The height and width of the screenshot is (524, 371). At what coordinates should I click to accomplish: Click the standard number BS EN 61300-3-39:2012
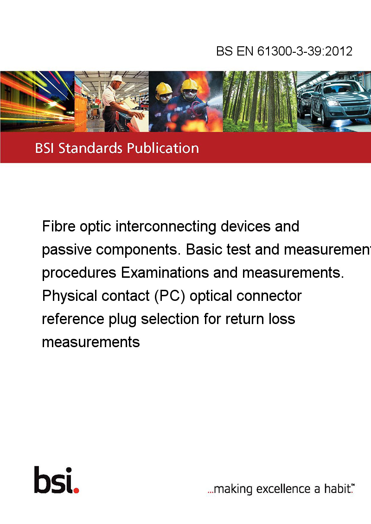[284, 51]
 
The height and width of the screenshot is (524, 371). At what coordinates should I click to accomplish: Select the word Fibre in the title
[58, 226]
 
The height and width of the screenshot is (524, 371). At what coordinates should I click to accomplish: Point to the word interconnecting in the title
[166, 226]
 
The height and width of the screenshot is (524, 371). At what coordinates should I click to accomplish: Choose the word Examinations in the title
[165, 273]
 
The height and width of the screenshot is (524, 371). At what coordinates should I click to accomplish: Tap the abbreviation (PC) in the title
[169, 296]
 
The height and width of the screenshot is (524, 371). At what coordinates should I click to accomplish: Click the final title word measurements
[91, 342]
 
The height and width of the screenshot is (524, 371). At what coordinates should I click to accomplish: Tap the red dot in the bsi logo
[76, 491]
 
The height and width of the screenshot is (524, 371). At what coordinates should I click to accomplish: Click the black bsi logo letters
[53, 480]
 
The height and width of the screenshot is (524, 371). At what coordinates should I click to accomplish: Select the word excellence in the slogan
[283, 489]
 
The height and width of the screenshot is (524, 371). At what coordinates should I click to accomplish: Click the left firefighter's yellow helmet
[164, 88]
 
